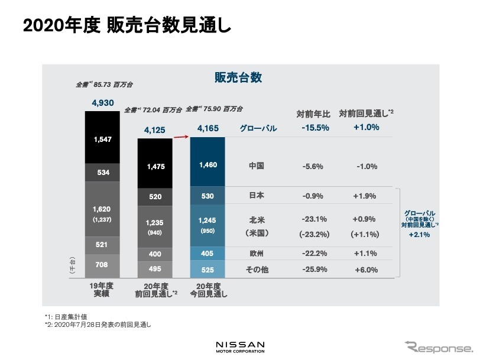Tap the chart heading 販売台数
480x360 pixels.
click(x=238, y=77)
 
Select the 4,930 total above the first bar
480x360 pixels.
click(x=102, y=103)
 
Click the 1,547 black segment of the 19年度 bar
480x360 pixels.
click(x=102, y=139)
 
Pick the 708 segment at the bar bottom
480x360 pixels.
click(x=102, y=266)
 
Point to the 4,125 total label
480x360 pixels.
click(x=155, y=128)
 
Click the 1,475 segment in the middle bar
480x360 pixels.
click(x=155, y=167)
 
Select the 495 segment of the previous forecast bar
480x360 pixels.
click(x=155, y=270)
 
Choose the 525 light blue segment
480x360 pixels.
click(x=207, y=270)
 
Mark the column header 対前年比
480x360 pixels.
click(x=311, y=113)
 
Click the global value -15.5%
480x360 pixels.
click(x=312, y=128)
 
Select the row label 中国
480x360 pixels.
click(x=257, y=167)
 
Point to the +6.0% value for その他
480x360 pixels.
click(x=364, y=270)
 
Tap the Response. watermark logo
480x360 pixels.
click(x=439, y=346)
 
